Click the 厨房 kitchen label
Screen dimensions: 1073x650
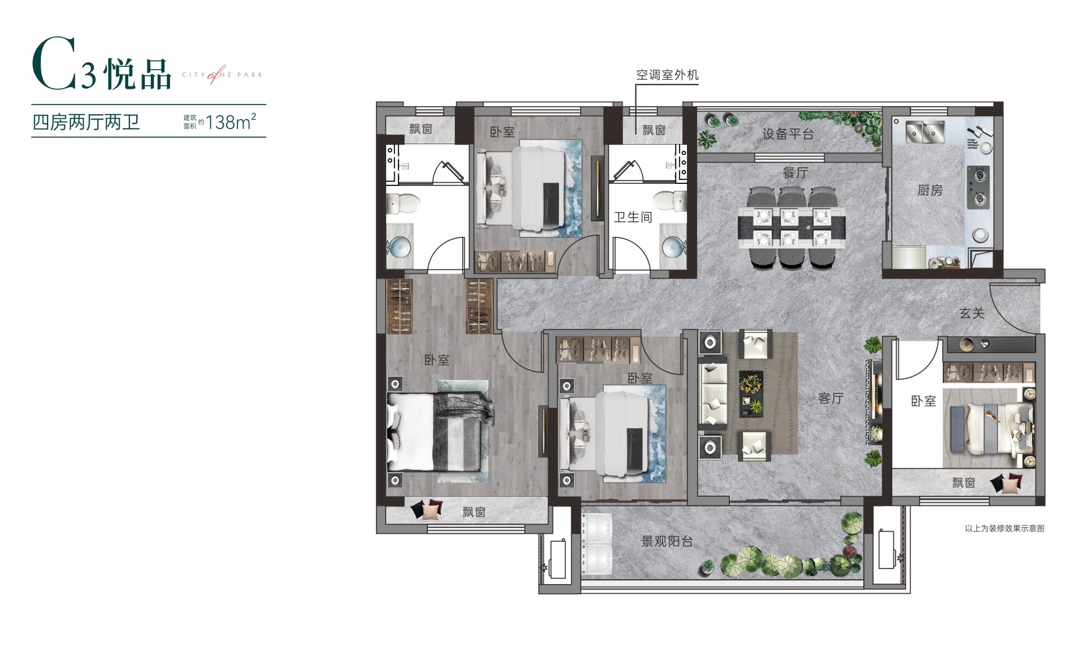(x=930, y=190)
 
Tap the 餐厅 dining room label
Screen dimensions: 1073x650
(x=795, y=173)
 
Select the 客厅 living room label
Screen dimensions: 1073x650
(x=831, y=398)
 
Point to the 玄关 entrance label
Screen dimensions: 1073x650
(x=972, y=313)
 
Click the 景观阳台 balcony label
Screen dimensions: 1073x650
(x=667, y=541)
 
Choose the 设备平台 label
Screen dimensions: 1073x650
(x=788, y=134)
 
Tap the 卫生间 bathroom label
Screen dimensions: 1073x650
(x=633, y=217)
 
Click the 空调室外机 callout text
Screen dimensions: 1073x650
(x=668, y=75)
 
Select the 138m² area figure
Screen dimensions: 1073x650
(x=231, y=122)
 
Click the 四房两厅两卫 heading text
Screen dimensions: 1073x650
(x=86, y=122)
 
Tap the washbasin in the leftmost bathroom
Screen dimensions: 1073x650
(x=400, y=247)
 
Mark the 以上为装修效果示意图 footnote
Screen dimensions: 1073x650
(x=1005, y=528)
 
